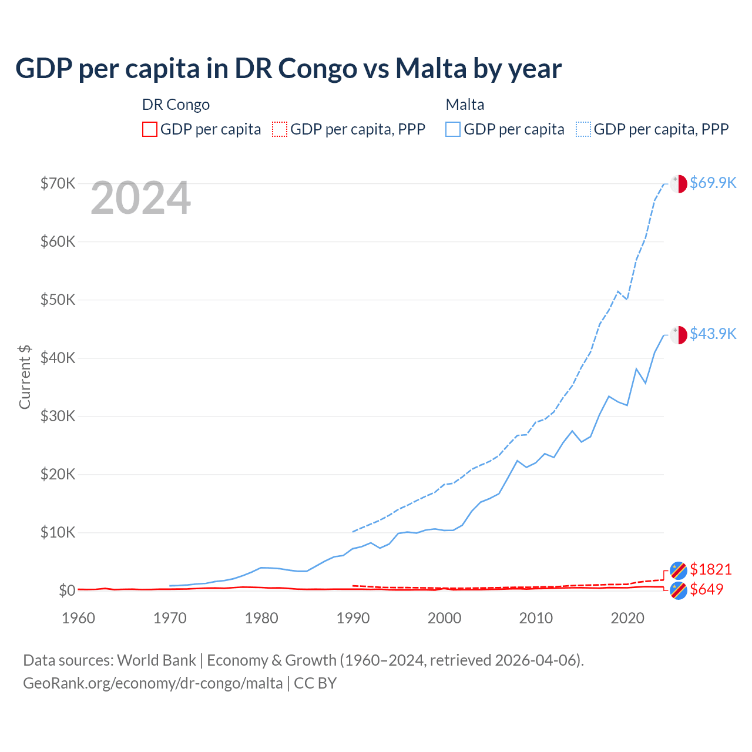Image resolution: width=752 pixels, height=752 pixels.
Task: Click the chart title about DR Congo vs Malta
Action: [x=288, y=68]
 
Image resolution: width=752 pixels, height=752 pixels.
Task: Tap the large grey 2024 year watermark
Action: [x=140, y=198]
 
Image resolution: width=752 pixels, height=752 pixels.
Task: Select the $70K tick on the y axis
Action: [x=58, y=183]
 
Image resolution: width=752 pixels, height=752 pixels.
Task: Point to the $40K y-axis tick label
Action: [x=58, y=358]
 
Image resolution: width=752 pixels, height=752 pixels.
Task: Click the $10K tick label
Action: [x=58, y=532]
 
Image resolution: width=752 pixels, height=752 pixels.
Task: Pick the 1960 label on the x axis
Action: [x=78, y=618]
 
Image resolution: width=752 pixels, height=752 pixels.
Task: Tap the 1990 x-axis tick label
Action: [x=352, y=618]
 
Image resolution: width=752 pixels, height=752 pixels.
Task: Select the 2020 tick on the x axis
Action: [x=627, y=618]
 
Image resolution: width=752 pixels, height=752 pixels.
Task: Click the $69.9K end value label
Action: [x=713, y=183]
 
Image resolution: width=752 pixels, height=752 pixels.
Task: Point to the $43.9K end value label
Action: [x=713, y=334]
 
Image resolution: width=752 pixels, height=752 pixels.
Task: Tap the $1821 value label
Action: [x=710, y=569]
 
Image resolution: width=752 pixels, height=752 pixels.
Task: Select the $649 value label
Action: [x=706, y=589]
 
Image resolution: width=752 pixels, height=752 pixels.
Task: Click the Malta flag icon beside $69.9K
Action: [x=679, y=183]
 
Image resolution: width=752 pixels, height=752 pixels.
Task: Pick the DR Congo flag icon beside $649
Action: [x=679, y=590]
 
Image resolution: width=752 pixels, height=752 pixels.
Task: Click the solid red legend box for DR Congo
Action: [x=150, y=129]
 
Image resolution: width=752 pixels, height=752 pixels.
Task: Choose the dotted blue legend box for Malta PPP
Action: [x=583, y=129]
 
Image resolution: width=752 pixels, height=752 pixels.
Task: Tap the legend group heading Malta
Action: [x=465, y=105]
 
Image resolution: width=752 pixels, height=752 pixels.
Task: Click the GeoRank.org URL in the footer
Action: [x=153, y=683]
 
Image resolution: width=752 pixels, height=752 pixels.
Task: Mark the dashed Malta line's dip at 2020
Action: [x=627, y=299]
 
